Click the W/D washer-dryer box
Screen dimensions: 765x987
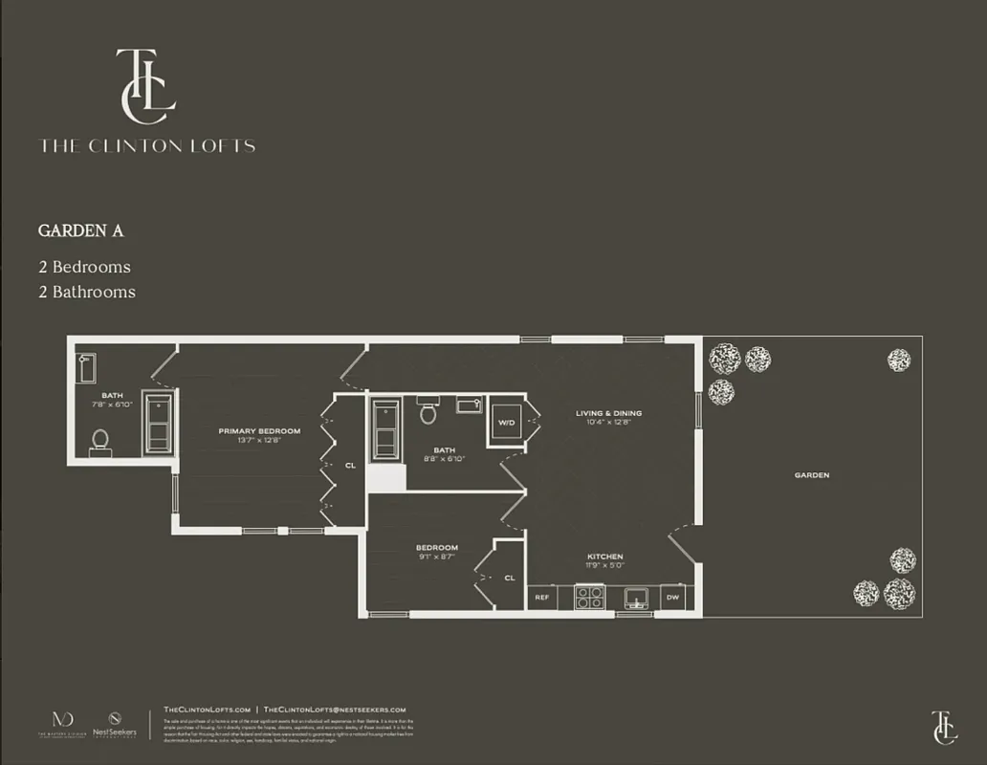(506, 421)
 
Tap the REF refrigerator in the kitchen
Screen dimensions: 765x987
(541, 598)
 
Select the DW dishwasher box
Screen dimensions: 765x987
(673, 598)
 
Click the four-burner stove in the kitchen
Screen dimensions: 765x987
(588, 598)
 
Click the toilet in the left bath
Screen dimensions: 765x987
(99, 441)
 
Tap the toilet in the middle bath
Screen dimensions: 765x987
(428, 413)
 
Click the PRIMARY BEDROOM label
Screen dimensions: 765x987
(259, 431)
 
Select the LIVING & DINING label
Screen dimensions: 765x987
(608, 413)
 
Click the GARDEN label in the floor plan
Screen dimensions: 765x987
(811, 475)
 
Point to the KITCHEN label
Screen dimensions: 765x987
(605, 557)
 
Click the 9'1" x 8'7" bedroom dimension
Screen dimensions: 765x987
(437, 557)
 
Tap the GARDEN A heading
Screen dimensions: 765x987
(81, 231)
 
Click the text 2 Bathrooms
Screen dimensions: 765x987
(87, 292)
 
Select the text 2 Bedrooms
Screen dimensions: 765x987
(84, 267)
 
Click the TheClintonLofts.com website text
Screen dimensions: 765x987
(207, 709)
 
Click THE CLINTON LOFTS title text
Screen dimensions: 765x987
(147, 146)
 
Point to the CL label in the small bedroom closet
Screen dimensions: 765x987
(510, 578)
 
